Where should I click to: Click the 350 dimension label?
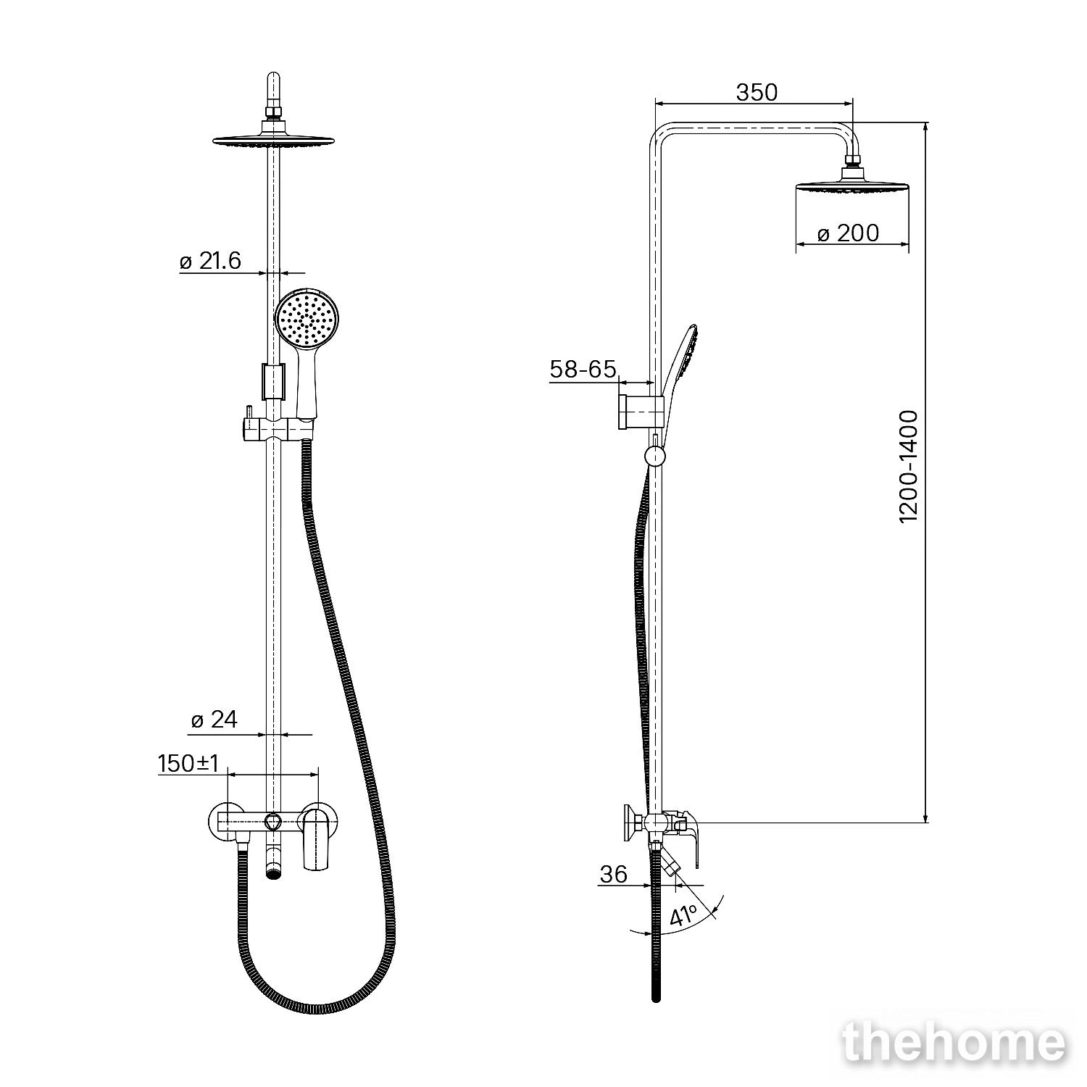[757, 93]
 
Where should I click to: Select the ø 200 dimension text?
[848, 233]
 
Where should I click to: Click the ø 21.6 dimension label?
[210, 261]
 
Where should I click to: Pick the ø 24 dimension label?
[215, 720]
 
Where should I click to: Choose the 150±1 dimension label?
[188, 763]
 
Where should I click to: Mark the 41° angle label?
[683, 915]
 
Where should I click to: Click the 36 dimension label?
[613, 875]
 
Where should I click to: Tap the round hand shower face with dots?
[307, 318]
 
